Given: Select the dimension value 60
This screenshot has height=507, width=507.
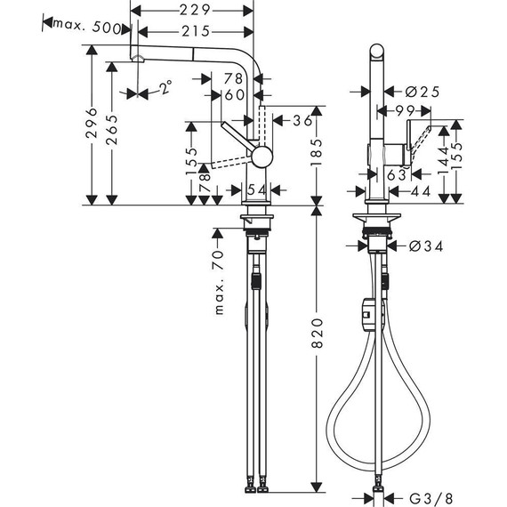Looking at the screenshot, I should click(235, 95).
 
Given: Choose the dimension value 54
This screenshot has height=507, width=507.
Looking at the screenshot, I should click(254, 190).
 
